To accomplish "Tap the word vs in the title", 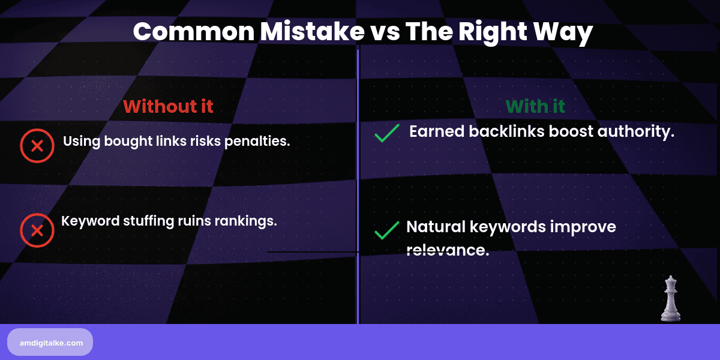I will pos(382,32).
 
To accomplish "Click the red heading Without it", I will pos(168,107).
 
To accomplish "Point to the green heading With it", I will pos(535,107).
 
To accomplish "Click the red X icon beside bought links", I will pos(37,145).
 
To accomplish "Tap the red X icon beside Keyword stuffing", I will pos(37,230).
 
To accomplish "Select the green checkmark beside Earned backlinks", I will pos(387,133).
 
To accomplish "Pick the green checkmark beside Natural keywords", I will pos(387,230).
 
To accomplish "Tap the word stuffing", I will pos(151,221).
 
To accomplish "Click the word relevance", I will pos(448,250).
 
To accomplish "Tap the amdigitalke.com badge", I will pos(50,342).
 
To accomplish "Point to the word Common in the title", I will pos(193,32).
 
